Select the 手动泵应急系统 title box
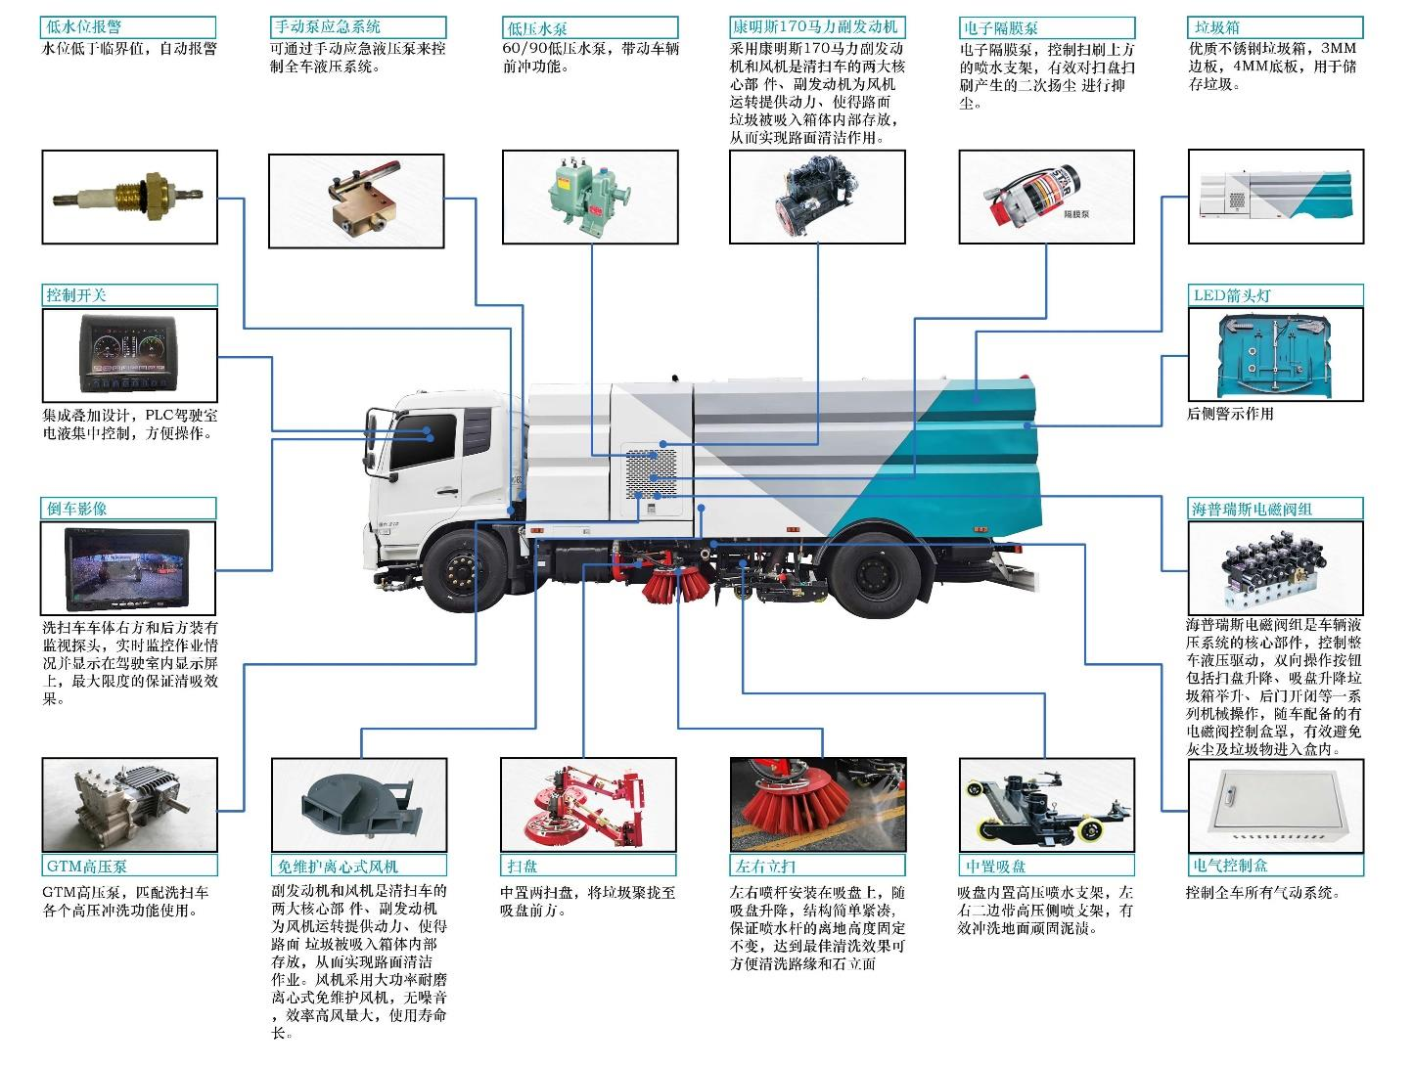326,27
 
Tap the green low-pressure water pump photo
590,197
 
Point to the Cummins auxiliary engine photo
817,197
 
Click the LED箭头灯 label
1232,295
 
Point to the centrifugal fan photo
358,804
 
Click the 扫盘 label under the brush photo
523,866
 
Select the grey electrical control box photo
1275,804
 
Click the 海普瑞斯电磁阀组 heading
1252,509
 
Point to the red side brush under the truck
676,583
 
